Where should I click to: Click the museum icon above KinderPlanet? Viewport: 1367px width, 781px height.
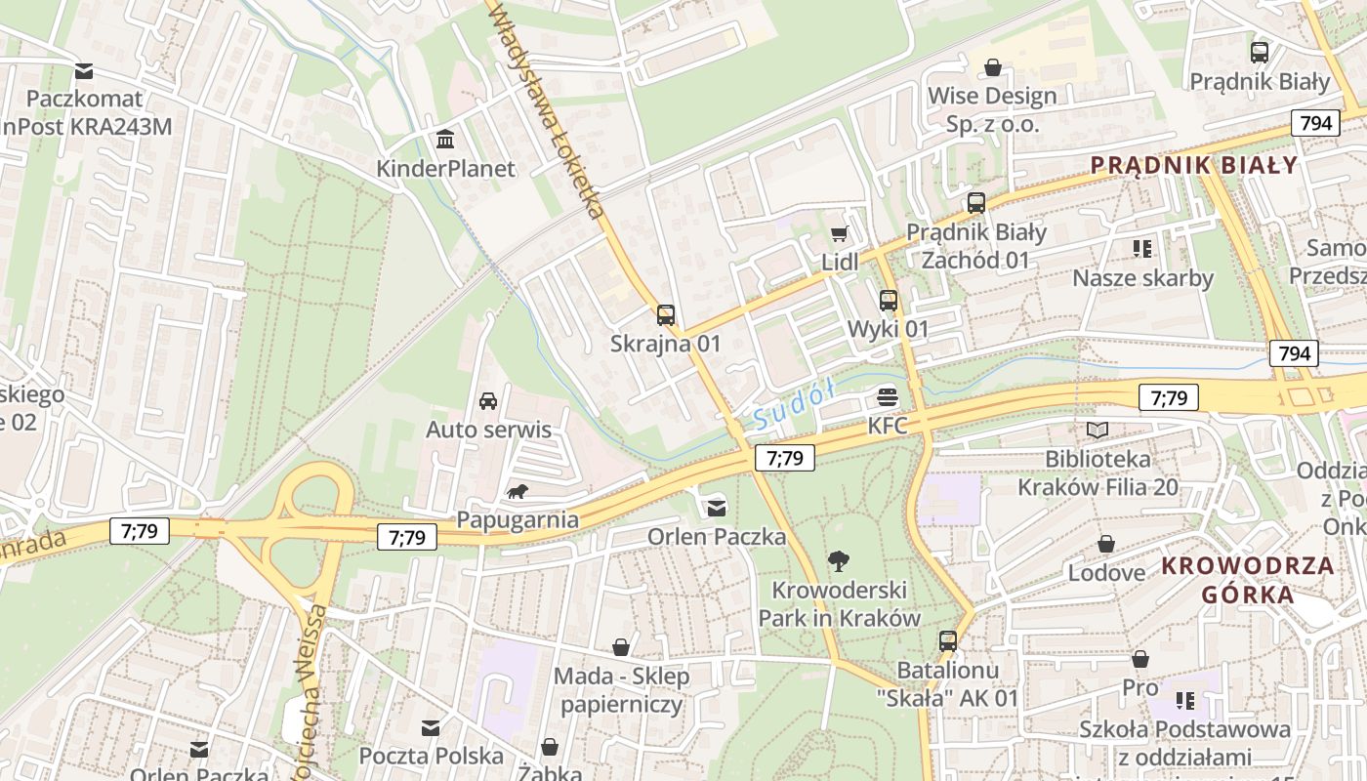pos(446,140)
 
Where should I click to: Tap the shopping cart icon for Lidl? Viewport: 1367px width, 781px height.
pos(839,233)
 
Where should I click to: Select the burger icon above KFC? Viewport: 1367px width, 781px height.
pos(888,396)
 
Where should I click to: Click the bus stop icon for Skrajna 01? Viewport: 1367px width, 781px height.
pos(666,314)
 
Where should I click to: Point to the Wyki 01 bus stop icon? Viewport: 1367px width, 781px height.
pos(888,300)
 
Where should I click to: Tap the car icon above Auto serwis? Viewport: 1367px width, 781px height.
pos(488,400)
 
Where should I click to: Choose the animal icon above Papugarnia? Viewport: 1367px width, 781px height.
pos(518,491)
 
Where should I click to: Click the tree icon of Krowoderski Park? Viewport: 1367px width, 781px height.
pos(838,560)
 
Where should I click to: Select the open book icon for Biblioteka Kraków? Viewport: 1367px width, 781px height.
pos(1098,430)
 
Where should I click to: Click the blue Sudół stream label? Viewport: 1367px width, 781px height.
pos(795,405)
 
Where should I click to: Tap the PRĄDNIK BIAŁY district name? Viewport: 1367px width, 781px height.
pos(1194,165)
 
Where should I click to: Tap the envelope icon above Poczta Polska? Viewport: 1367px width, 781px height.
pos(431,727)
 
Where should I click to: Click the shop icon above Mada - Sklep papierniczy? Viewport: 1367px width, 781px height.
pos(621,646)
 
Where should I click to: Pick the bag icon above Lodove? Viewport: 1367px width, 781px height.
pos(1106,544)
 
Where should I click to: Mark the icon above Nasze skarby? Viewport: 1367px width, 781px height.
pos(1142,249)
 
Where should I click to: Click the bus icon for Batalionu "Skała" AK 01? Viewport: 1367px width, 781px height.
pos(947,641)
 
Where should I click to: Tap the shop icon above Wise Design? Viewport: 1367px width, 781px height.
pos(992,67)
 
